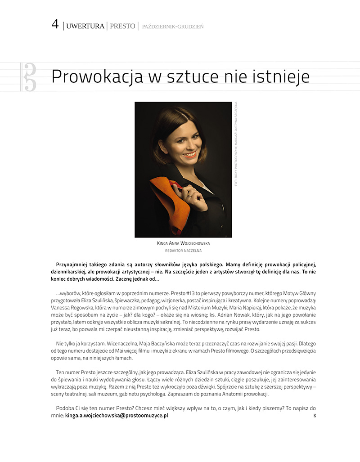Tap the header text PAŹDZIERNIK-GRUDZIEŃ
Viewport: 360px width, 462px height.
172,27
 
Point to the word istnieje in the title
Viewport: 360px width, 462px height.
283,76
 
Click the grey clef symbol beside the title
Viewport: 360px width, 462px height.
29,77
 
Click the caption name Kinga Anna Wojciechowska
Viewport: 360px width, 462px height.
183,243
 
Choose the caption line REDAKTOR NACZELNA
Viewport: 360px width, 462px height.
183,251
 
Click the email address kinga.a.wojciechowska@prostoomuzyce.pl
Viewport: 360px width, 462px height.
117,416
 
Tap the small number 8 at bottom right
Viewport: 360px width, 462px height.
315,416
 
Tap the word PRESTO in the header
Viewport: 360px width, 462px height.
122,26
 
